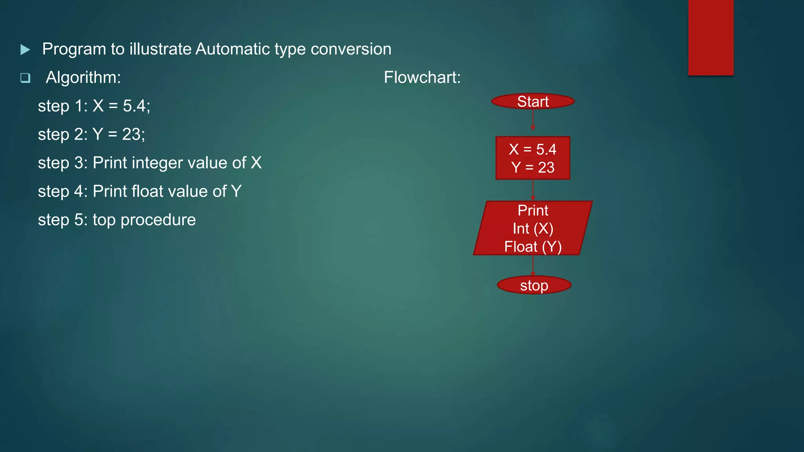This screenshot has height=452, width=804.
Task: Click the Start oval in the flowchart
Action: (x=533, y=102)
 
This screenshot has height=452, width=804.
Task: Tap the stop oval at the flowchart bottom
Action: (x=534, y=285)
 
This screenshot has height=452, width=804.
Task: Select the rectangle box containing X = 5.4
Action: (x=533, y=158)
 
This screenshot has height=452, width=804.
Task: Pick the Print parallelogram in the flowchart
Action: (x=533, y=228)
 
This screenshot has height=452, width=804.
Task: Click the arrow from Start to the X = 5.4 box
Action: (x=533, y=120)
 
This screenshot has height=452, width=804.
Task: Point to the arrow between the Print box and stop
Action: (x=533, y=265)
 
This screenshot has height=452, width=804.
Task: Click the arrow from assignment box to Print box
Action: (x=533, y=190)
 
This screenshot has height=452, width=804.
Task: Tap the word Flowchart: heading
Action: (x=422, y=77)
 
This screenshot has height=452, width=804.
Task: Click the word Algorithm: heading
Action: (x=83, y=77)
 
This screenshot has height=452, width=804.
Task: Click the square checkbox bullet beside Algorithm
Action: (x=25, y=78)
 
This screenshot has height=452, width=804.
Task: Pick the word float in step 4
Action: (x=147, y=191)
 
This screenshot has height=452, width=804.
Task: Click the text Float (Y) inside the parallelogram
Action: (x=533, y=247)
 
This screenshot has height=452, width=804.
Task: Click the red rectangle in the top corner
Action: (x=711, y=37)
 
